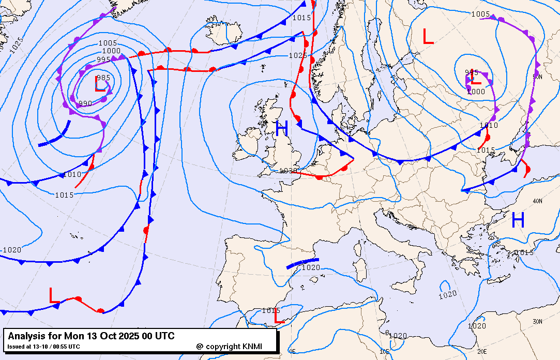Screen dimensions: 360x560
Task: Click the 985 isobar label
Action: coord(103,78)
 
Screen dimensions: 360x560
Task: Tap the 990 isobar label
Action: coord(85,103)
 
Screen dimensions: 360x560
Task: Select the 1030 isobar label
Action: coord(288,171)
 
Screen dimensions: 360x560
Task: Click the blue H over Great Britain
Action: coord(281,129)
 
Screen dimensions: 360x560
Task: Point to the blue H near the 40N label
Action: coord(518,221)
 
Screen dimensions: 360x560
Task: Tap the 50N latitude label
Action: coord(537,77)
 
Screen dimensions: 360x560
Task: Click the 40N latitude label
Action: coord(537,201)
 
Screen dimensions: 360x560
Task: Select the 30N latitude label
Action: coord(537,322)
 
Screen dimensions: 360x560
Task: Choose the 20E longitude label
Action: coord(482,351)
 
